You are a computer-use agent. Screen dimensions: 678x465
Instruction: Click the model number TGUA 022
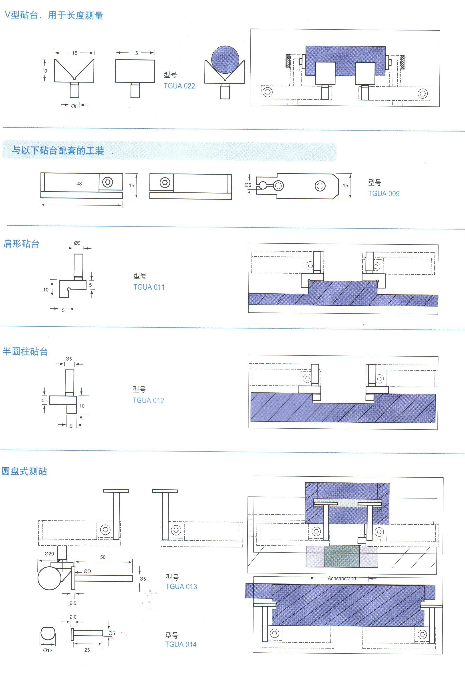coord(179,86)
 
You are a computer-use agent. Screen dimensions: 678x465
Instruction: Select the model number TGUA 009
coord(384,194)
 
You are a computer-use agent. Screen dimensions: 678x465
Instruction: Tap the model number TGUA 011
coord(149,287)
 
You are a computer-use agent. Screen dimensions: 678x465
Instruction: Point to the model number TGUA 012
coord(148,401)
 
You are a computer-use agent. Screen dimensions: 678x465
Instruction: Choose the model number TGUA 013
coord(181,586)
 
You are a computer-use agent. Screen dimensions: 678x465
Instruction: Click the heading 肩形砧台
coord(21,244)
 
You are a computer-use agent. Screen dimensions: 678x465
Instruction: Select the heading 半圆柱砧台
coord(25,351)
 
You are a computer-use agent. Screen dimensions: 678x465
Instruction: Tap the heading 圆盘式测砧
coord(24,471)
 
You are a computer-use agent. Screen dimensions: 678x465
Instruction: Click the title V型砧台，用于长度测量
coord(54,15)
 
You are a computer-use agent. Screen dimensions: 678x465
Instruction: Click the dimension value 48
coord(79,184)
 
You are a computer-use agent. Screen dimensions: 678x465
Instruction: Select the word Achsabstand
coord(342,578)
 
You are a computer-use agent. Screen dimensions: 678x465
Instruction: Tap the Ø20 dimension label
coord(49,554)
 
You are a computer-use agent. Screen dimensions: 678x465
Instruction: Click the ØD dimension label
coord(87,571)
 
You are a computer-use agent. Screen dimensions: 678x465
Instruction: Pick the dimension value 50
coord(103,557)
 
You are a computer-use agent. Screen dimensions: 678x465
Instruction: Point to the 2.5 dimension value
coord(73,603)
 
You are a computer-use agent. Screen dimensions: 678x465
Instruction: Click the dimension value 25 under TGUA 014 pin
coord(87,650)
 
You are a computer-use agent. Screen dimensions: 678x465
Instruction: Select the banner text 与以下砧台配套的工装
coord(58,151)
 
